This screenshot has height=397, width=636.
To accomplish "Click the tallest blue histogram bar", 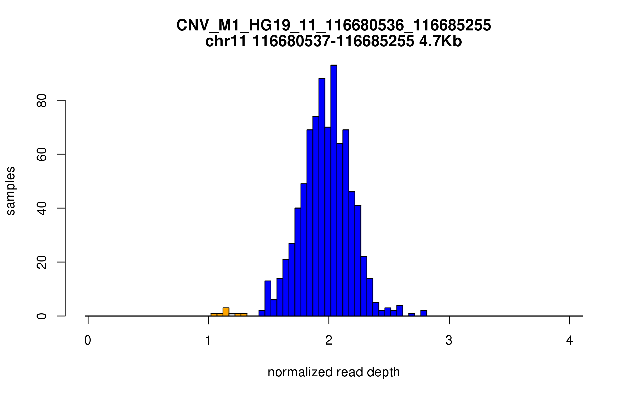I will pos(334,191).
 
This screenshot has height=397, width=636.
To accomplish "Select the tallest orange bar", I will pos(226,312).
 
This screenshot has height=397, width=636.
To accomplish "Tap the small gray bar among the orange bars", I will pos(232,315).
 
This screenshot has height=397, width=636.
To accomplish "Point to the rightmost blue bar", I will pos(424,313).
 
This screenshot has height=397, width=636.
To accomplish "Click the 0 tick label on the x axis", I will pos(88,340).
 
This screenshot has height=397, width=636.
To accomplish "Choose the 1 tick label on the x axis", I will pos(208,340).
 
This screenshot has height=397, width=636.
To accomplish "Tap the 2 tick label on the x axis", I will pos(329,340).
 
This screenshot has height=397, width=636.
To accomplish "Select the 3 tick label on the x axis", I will pos(449,340).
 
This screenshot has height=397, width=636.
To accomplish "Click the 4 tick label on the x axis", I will pos(569,340).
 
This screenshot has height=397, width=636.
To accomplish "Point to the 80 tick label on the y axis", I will pos(42,100).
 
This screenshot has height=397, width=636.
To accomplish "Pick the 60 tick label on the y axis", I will pos(42,154).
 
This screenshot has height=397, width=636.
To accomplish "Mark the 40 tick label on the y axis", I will pos(42,208).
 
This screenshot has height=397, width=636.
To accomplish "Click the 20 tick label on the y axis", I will pos(42,262).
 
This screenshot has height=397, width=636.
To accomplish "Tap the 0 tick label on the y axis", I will pos(42,316).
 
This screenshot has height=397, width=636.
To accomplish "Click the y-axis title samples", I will pos(11,191).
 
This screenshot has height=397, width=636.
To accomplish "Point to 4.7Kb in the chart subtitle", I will pos(440,41).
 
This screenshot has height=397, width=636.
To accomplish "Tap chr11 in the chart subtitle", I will pos(226,41).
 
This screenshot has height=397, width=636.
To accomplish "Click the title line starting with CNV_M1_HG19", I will pos(334,25).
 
